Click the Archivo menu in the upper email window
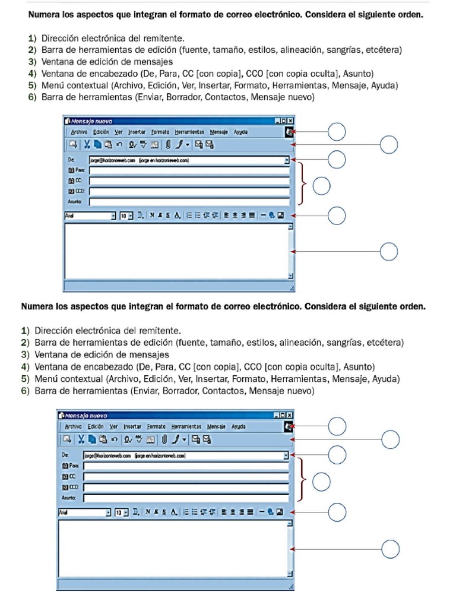click(x=79, y=132)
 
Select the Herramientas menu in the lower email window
click(x=186, y=426)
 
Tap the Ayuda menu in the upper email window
click(x=240, y=132)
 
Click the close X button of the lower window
click(x=290, y=416)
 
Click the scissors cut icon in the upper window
click(x=87, y=144)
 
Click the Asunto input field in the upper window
click(x=189, y=202)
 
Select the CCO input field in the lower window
click(x=185, y=487)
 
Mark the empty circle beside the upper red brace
click(x=321, y=186)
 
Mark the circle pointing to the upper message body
click(x=389, y=252)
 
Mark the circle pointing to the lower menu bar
click(x=337, y=426)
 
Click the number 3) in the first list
click(x=32, y=61)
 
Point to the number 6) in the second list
click(x=25, y=391)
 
